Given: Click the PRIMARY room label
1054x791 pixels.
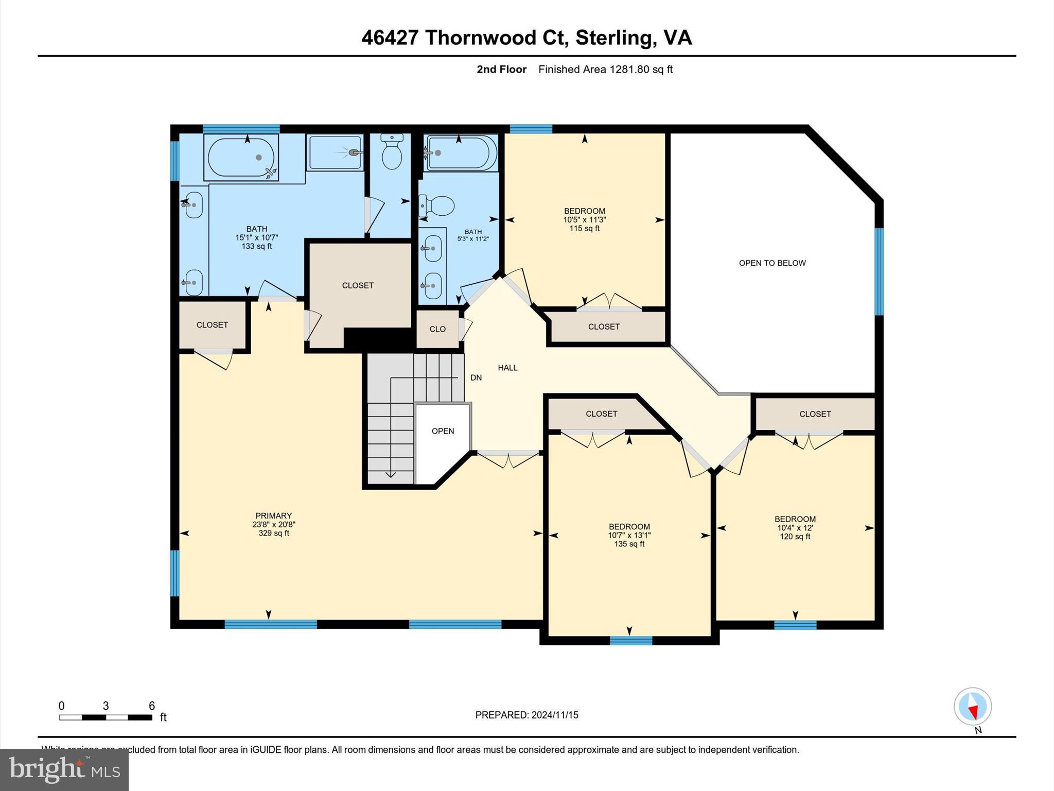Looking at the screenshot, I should [273, 515].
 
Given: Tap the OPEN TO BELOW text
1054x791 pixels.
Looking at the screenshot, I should [772, 263].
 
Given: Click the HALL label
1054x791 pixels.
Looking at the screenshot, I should [507, 368].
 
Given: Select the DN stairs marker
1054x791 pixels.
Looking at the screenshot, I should [476, 377].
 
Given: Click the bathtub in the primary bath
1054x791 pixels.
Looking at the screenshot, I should [241, 157].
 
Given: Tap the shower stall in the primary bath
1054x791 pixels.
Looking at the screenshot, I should [335, 152].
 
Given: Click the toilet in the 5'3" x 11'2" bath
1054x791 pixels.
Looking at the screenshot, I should [437, 207].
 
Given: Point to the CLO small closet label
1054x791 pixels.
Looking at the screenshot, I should [437, 329].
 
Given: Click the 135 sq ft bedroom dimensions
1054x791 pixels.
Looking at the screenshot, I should [629, 535].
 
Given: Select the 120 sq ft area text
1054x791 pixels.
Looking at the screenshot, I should [795, 537].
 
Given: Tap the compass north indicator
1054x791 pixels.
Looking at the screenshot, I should [972, 707].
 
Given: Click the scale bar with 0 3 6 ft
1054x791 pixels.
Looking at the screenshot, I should [106, 717].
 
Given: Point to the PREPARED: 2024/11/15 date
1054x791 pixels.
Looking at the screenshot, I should [526, 715].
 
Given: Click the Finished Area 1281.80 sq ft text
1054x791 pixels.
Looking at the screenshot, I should [605, 70].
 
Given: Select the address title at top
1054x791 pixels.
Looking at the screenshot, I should [526, 38].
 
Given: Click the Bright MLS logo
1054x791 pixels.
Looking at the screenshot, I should [64, 770].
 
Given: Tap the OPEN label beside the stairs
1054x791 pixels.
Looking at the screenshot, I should [443, 431].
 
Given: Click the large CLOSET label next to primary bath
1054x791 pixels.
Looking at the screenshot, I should [358, 285].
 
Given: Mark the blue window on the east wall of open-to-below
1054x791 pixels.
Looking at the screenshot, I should [879, 271].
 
